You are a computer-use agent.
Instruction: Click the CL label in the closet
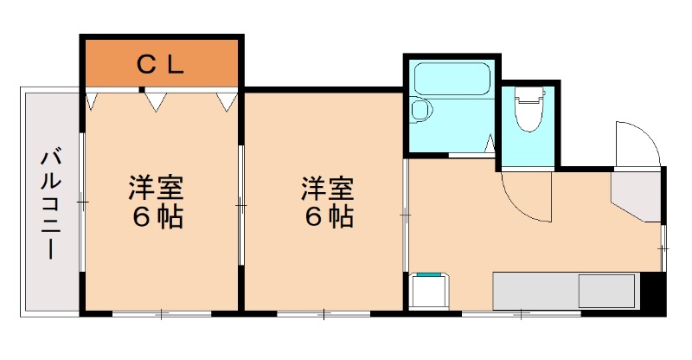162,63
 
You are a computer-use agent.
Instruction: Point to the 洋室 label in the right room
327,187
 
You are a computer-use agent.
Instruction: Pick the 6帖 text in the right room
327,217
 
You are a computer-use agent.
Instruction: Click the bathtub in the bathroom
452,81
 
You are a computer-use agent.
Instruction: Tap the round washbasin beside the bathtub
421,111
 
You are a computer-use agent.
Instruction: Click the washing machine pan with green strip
429,291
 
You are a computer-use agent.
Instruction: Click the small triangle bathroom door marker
490,144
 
